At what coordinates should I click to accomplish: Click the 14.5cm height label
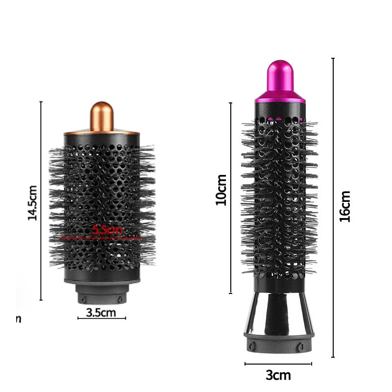coord(32,202)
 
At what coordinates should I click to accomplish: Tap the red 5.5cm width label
coord(108,229)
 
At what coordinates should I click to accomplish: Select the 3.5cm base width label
coord(101,312)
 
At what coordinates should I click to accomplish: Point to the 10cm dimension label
coord(221,190)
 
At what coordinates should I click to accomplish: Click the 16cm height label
coord(345,206)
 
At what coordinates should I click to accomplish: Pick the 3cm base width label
coord(278,376)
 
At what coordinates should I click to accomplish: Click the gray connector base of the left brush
coord(101,294)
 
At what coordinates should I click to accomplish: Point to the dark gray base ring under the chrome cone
coord(278,343)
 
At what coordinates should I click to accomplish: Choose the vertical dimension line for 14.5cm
coord(41,201)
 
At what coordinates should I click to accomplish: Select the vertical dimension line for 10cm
coord(231,198)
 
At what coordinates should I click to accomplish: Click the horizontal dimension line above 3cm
coord(278,364)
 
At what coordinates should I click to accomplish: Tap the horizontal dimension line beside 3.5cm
coord(101,318)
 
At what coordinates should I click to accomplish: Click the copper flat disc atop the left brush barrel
coord(101,132)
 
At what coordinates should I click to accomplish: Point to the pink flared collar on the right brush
coord(280,97)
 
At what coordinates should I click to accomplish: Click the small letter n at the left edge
coord(19,319)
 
